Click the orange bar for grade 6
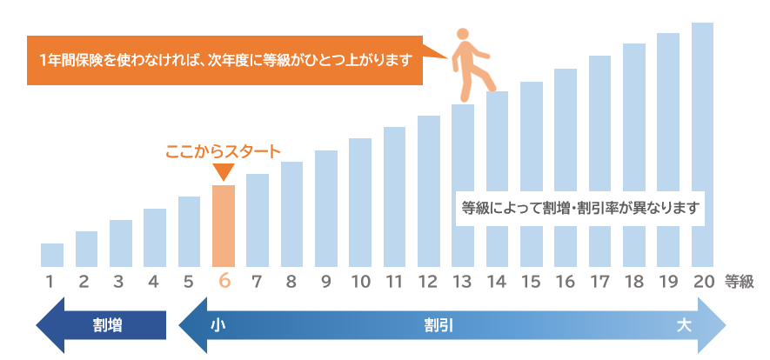224,225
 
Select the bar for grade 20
703,144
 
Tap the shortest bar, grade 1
52,255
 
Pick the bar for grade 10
360,202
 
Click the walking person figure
471,60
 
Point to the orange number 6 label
224,281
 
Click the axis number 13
462,281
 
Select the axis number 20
703,281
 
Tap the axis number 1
51,281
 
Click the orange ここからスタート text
223,151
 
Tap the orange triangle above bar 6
224,173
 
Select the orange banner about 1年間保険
224,60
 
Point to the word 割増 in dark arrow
107,326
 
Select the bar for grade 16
566,167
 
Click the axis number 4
154,281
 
